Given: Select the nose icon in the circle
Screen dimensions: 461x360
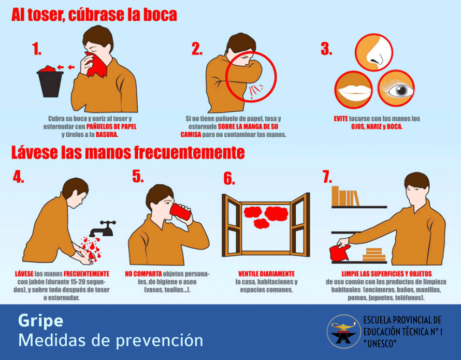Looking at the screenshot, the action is point(374,52).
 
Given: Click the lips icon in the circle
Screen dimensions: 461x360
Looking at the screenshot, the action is point(354,90).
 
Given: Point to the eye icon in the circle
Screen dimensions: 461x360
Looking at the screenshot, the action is point(396,88).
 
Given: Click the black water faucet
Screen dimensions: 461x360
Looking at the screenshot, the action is point(103,228).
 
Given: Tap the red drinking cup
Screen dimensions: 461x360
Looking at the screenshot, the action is point(181,211).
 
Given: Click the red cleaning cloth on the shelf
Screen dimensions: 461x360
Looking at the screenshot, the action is point(340,253).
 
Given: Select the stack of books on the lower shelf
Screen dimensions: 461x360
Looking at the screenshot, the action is point(373,254).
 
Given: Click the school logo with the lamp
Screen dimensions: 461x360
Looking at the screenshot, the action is point(344,332).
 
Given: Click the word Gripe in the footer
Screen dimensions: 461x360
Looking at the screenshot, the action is point(40,321).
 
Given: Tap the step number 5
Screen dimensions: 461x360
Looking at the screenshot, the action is point(138,177).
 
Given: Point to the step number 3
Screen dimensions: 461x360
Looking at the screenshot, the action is point(326,49).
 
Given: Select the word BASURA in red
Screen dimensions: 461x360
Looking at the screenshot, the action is point(107,135).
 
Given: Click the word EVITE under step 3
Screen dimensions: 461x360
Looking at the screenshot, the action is point(341,119).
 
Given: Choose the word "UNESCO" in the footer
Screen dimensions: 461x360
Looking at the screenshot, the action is point(380,343).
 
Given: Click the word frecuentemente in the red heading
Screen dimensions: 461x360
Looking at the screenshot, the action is point(190,152).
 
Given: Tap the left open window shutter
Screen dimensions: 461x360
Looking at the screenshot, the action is point(232,225).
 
